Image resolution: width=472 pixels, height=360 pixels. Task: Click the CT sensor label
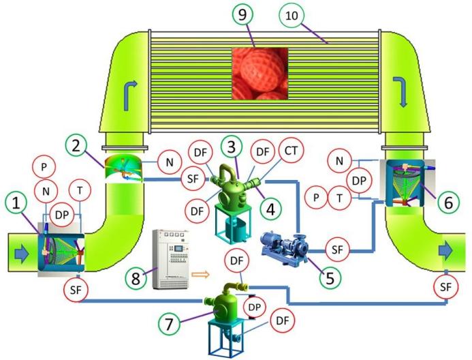point(291,149)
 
